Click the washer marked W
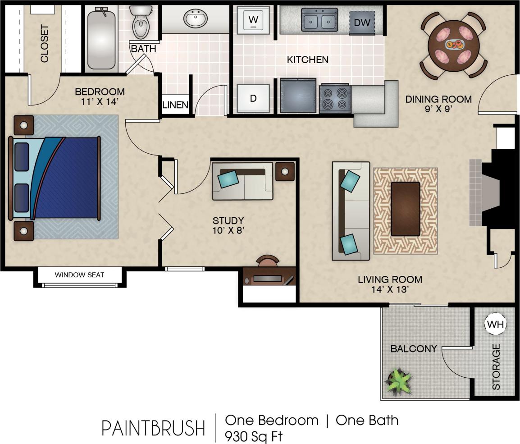(253, 20)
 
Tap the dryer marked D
(253, 98)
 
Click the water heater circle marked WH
(496, 324)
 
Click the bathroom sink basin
(195, 19)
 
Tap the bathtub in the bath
(101, 39)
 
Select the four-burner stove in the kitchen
(335, 98)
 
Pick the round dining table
(454, 46)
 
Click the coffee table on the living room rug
(405, 209)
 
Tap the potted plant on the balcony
(399, 380)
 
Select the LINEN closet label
(175, 105)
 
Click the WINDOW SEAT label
(79, 275)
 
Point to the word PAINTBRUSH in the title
(153, 428)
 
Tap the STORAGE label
(496, 366)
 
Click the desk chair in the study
(267, 261)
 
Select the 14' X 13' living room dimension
(389, 289)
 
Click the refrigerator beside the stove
(298, 96)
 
